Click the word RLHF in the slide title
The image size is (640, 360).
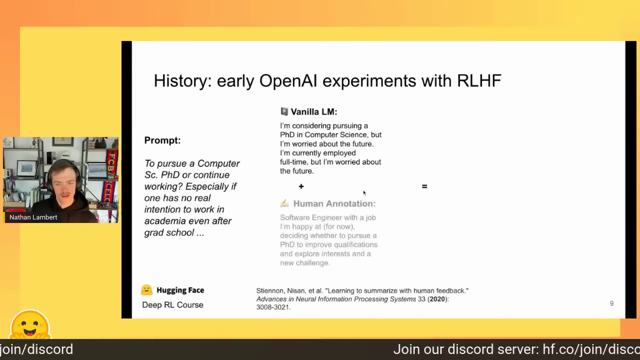479,80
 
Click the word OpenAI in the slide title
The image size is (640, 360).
288,80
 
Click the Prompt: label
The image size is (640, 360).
162,140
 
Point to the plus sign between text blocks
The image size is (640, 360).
301,186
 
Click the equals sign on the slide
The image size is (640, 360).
424,186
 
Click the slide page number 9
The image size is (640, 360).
611,303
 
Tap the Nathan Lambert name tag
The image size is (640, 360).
33,217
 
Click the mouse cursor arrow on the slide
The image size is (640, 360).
364,193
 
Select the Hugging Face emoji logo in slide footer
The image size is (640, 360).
146,290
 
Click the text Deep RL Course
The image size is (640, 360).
172,305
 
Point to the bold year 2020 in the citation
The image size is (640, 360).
437,299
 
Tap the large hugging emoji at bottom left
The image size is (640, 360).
30,324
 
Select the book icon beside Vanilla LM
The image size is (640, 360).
284,111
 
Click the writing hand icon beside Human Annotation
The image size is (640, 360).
284,203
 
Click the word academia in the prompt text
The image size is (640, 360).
163,221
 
